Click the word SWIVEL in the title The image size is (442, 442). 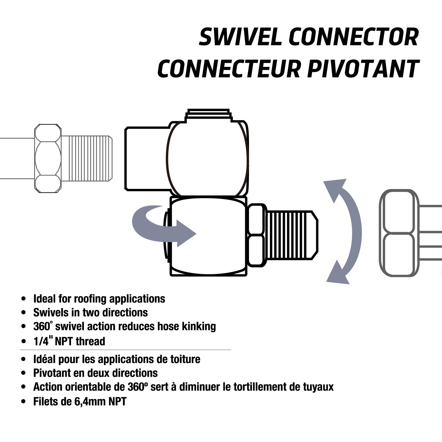240,37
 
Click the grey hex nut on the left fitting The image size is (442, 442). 48,159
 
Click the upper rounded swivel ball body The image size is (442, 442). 206,159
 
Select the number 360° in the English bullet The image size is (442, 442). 43,326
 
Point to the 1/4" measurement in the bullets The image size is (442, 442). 43,341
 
